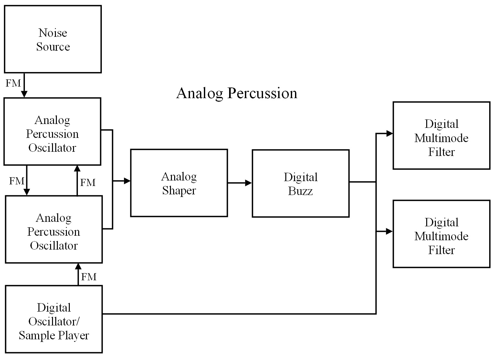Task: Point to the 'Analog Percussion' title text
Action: [237, 94]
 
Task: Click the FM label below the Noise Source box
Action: [13, 83]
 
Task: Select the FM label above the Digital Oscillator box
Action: [89, 277]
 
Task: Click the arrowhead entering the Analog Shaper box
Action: [127, 181]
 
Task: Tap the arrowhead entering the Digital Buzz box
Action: [249, 183]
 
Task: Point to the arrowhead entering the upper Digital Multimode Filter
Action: [390, 133]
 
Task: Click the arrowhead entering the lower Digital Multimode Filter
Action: [390, 231]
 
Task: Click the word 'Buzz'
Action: [300, 191]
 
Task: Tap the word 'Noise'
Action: [53, 33]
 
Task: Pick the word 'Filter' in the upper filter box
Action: [441, 152]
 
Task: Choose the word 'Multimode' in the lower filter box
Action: [441, 236]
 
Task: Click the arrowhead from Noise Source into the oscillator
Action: [24, 94]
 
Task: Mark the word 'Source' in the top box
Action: [53, 47]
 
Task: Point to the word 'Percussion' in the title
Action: [262, 94]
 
